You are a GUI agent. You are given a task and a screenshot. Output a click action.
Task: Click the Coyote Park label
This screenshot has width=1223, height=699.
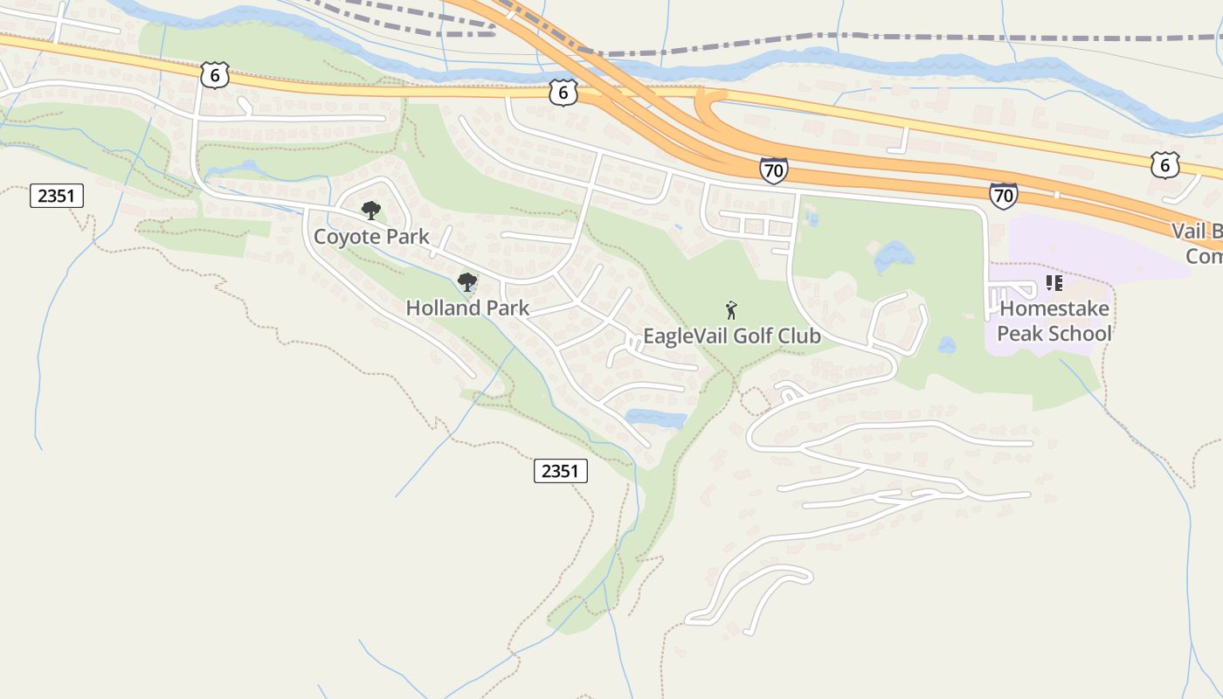click(371, 237)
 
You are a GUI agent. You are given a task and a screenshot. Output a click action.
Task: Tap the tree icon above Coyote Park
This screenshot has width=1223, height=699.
click(371, 210)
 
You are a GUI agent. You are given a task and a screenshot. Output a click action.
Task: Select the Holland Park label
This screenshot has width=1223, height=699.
click(467, 308)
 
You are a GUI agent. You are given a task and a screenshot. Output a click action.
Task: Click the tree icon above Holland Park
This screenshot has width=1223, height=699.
click(467, 281)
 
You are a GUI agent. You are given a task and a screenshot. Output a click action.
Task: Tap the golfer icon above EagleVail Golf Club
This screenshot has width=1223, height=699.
click(731, 309)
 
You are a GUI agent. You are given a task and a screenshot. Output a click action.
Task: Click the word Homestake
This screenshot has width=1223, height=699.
click(1054, 308)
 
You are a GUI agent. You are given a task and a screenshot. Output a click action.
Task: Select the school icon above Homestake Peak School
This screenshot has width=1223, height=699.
click(1054, 283)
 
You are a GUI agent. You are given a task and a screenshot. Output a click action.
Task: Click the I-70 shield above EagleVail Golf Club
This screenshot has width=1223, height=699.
click(773, 170)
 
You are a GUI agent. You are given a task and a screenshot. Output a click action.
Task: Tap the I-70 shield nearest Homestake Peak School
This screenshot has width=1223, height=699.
click(1004, 195)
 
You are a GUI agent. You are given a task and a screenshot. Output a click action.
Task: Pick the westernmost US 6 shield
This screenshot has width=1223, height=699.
click(215, 75)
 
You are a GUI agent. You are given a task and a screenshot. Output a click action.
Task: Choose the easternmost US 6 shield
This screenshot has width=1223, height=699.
click(1164, 164)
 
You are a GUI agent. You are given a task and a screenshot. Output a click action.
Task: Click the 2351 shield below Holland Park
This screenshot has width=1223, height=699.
click(560, 472)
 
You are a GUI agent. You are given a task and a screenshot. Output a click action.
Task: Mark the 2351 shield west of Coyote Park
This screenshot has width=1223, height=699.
click(57, 196)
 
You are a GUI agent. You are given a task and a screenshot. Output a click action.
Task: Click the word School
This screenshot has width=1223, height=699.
click(1080, 334)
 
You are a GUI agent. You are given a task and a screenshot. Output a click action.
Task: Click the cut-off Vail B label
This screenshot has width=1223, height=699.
click(1197, 232)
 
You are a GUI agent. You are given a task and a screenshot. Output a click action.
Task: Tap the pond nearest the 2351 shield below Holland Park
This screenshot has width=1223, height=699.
click(656, 419)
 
